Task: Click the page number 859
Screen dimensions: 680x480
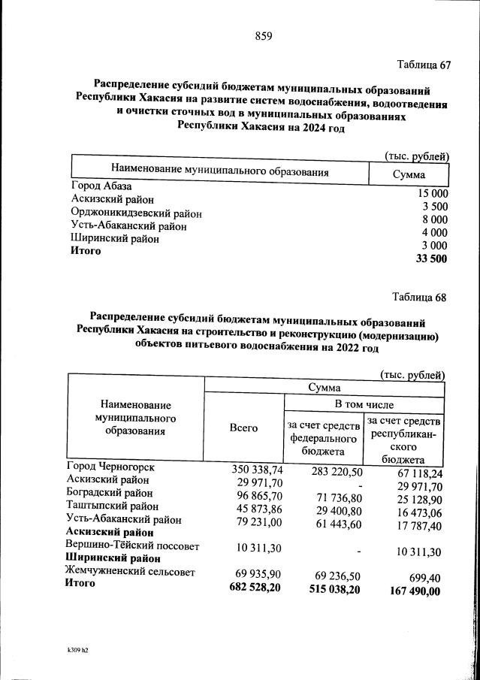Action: click(x=263, y=35)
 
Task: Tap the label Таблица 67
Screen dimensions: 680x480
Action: click(x=423, y=65)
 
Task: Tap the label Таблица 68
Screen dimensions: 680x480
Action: click(x=419, y=297)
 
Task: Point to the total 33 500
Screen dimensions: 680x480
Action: click(x=431, y=259)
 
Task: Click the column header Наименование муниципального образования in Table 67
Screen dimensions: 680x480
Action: click(x=220, y=171)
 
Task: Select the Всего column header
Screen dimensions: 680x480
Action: click(x=243, y=428)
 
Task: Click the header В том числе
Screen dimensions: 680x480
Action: click(x=364, y=404)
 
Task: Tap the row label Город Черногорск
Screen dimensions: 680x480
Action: click(x=111, y=467)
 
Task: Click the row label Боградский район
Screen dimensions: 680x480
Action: click(x=110, y=494)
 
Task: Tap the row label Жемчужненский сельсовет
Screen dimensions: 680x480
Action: click(x=131, y=572)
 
